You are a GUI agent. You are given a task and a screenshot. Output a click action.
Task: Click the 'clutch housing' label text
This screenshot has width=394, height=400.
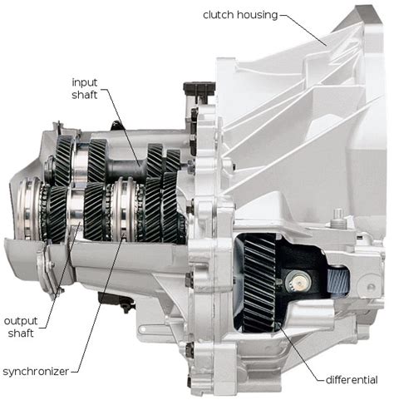coord(240,15)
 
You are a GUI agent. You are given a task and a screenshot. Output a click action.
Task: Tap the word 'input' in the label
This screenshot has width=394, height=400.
coord(85,83)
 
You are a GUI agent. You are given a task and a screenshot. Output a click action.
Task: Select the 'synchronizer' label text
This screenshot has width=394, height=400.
coord(36,372)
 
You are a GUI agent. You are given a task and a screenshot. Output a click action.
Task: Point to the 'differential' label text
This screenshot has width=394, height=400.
coord(352,379)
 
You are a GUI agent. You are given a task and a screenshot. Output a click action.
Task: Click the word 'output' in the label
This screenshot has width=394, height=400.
coord(21,321)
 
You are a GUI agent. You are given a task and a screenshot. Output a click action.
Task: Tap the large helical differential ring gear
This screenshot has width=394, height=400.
coord(259,283)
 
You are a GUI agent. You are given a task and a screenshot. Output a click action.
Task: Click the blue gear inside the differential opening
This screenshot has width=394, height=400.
coord(337,281)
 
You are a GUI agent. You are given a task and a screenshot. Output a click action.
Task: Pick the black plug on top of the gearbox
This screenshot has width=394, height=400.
coord(199,90)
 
